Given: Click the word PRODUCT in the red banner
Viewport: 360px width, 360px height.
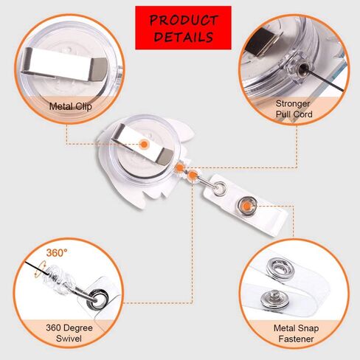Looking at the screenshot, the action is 184,20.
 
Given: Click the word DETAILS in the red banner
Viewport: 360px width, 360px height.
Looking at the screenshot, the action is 184,37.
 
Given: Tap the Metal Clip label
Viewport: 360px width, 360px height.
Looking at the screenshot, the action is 70,106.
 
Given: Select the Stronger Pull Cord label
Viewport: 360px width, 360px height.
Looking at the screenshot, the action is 294,108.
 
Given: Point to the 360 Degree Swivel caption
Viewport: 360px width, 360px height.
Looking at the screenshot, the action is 69,333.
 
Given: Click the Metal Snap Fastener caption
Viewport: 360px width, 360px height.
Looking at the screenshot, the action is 296,333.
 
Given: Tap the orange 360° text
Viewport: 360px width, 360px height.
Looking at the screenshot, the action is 57,253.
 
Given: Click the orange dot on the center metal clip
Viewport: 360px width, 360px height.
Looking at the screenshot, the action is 143,144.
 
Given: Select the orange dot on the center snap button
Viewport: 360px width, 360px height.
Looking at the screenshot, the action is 247,206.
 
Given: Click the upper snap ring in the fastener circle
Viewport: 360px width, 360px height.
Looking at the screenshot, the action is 280,269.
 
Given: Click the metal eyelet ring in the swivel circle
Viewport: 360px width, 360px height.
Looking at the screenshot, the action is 99,298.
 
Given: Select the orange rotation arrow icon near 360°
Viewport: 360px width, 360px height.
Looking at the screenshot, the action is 39,269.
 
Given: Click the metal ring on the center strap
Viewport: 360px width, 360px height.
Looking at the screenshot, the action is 220,189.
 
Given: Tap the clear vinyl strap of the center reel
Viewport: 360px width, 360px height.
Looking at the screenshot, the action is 246,206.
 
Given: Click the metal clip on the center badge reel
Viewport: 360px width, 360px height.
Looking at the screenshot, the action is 142,145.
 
